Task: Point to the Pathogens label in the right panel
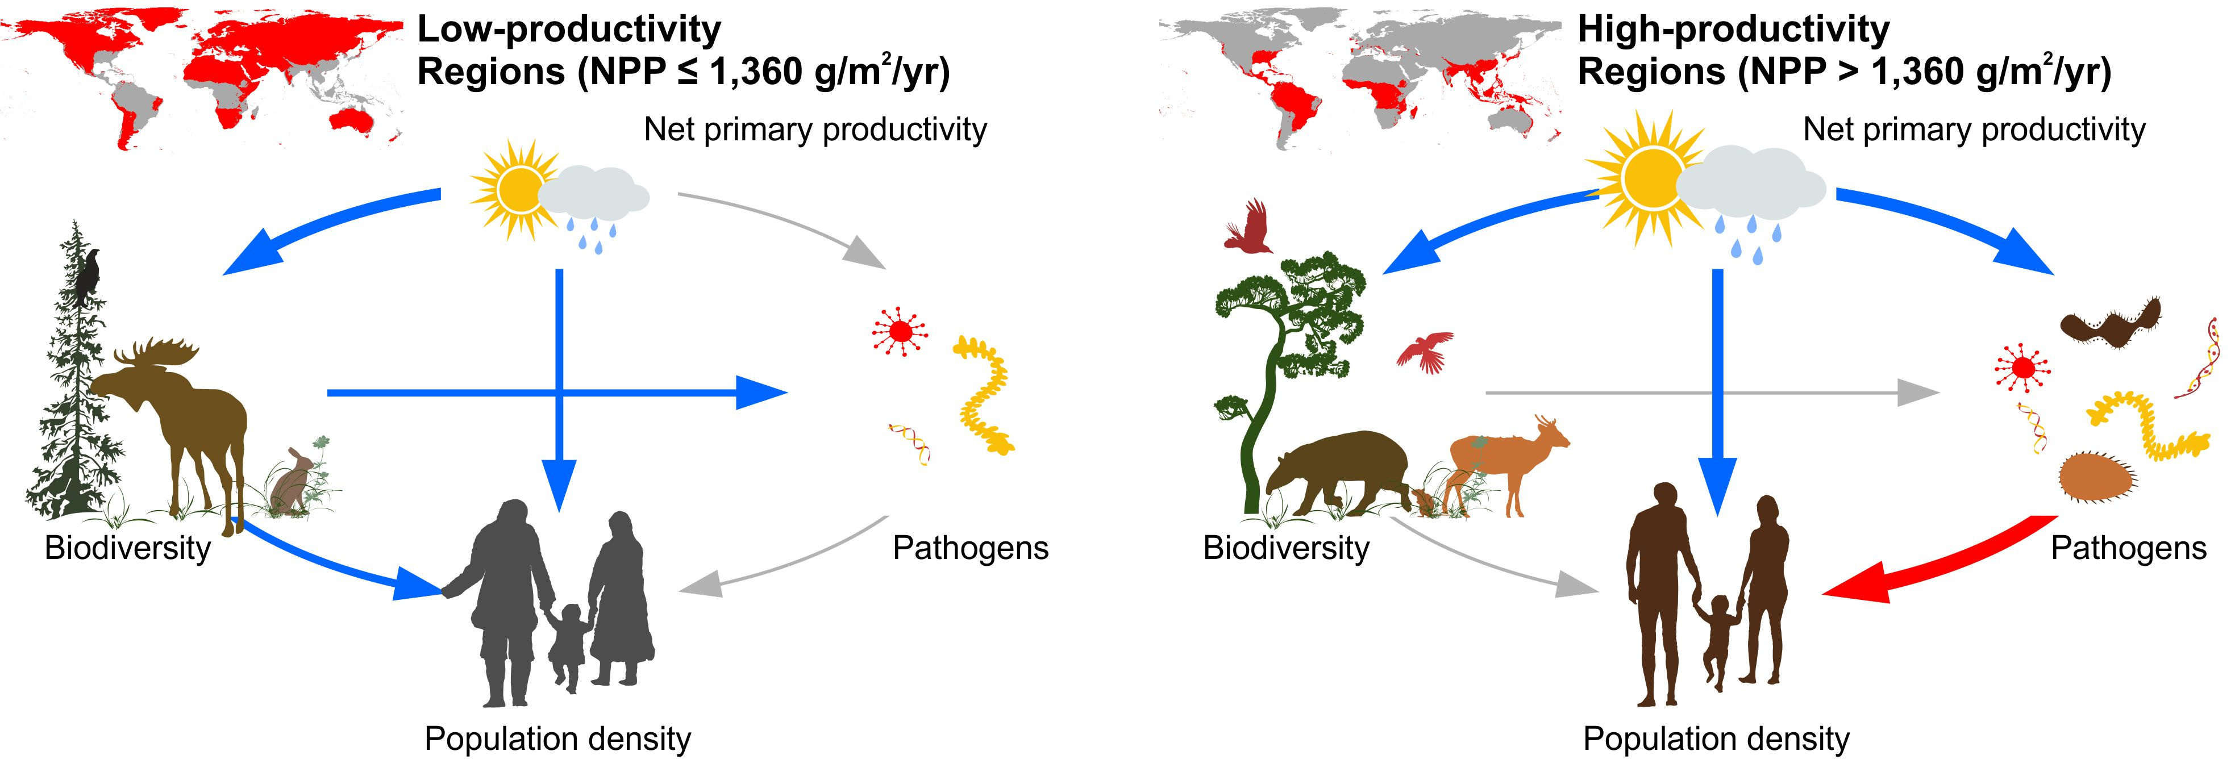2128,548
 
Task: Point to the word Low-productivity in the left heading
569,30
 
